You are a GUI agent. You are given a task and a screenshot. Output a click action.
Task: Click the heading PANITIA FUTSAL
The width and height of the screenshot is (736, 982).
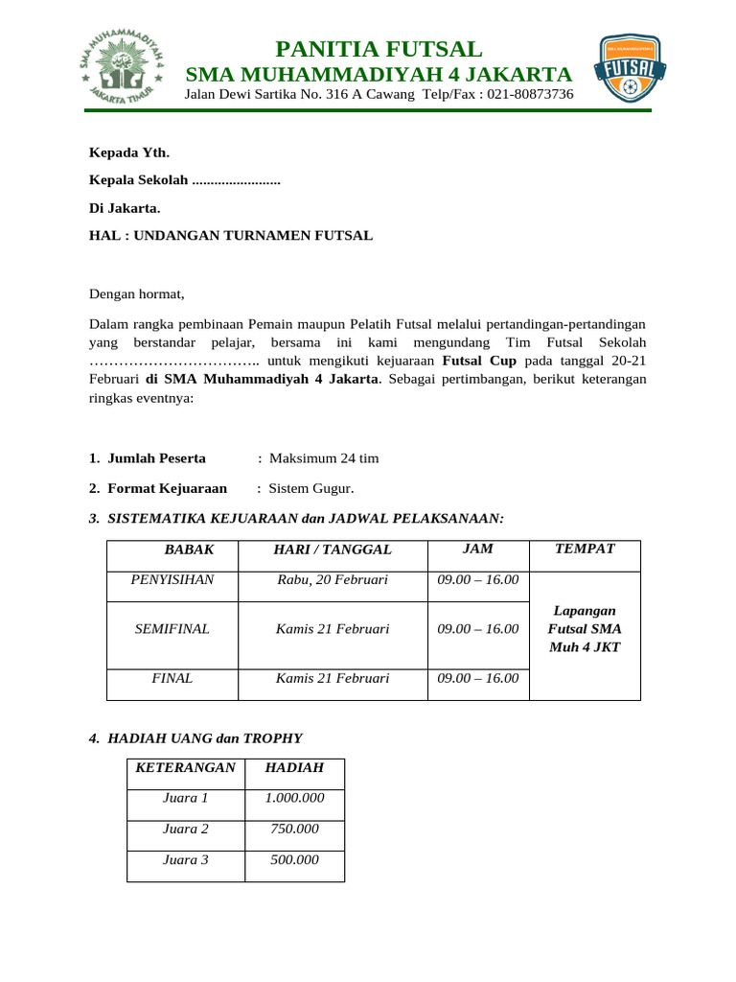tap(379, 49)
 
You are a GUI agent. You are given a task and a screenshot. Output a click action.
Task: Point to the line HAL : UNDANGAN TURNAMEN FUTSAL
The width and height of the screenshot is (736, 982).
tap(231, 235)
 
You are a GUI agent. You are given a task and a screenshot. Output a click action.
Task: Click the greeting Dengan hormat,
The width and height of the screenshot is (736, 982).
tap(136, 293)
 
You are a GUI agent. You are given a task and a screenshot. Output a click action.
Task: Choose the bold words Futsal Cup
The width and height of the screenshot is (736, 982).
tap(479, 361)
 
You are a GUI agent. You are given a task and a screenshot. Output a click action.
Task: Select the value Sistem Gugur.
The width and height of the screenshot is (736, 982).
tap(311, 488)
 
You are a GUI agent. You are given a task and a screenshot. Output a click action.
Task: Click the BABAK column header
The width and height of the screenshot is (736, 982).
tap(189, 549)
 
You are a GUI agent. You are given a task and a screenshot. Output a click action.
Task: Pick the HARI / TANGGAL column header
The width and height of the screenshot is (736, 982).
tap(333, 549)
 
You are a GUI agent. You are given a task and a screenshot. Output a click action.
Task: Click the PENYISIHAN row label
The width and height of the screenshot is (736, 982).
tap(172, 579)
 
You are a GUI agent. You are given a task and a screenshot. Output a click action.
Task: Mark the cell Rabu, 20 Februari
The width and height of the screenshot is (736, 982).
tap(333, 579)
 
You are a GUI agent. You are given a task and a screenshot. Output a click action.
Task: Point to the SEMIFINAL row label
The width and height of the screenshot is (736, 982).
tap(172, 629)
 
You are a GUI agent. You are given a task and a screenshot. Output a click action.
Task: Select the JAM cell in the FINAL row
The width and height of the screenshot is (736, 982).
tap(477, 678)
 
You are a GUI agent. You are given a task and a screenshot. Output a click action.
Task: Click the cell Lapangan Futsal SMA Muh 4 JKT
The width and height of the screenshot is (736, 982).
tap(584, 629)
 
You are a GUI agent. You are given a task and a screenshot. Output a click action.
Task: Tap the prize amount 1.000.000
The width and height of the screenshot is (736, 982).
tap(294, 798)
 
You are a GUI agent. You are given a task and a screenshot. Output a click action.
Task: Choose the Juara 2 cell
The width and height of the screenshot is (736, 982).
tap(186, 829)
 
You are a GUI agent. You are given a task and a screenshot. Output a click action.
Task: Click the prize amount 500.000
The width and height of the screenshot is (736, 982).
tap(294, 859)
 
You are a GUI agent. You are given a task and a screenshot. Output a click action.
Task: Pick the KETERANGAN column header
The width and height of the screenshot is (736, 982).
tap(186, 767)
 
